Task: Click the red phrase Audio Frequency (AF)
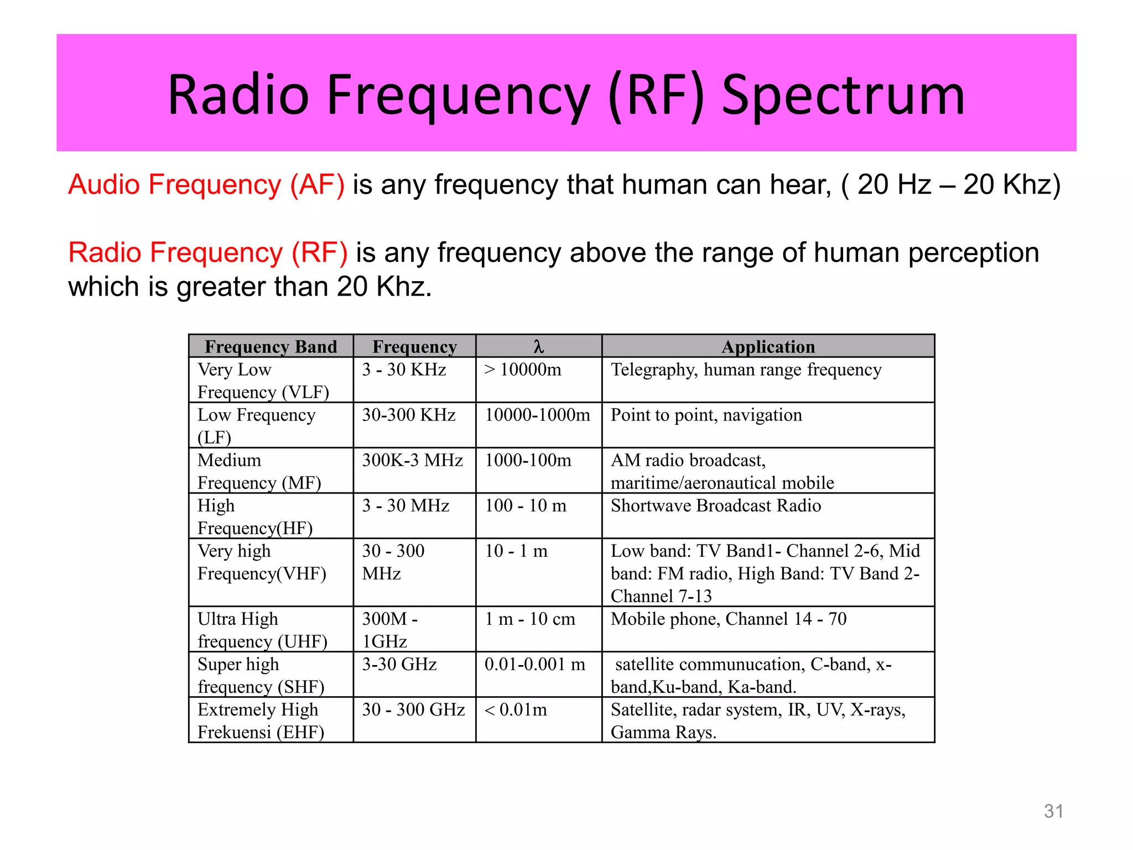point(206,185)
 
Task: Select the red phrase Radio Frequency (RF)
point(208,253)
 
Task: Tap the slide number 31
point(1053,811)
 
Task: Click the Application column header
point(768,346)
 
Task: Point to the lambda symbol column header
point(538,346)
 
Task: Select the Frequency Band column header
point(271,346)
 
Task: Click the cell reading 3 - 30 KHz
point(404,370)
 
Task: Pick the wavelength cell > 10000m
point(523,370)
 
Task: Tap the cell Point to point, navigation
point(706,415)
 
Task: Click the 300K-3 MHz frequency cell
point(412,460)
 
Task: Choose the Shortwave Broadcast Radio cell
point(715,506)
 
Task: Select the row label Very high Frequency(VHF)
point(261,562)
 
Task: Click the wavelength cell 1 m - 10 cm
point(530,619)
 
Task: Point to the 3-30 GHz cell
point(399,664)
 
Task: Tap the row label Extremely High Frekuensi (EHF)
point(260,721)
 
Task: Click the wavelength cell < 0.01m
point(516,709)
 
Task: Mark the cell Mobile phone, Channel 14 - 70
point(729,619)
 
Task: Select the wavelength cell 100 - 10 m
point(526,506)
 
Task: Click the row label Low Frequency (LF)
point(256,426)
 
